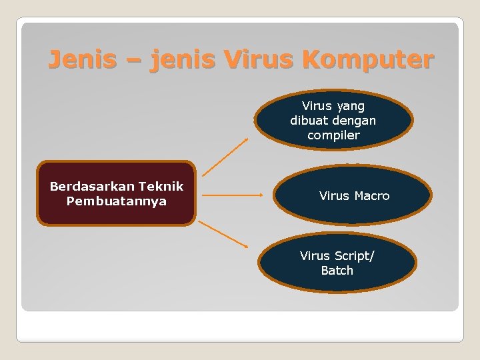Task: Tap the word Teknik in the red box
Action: pos(159,187)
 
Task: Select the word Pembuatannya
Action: pos(117,201)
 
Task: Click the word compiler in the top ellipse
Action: pos(333,135)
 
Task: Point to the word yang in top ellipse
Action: pos(351,107)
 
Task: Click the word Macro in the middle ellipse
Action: pos(372,196)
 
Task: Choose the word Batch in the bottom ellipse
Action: pos(337,271)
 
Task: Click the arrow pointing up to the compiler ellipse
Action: pos(225,157)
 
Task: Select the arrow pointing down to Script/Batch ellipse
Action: pos(224,234)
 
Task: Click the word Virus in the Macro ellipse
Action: pos(334,196)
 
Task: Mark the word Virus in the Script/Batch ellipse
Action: pos(315,256)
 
